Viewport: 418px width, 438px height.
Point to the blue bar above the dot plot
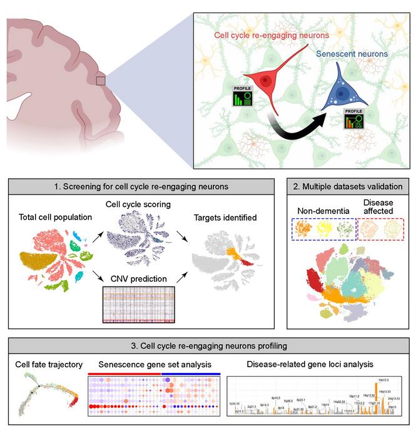[191, 373]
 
